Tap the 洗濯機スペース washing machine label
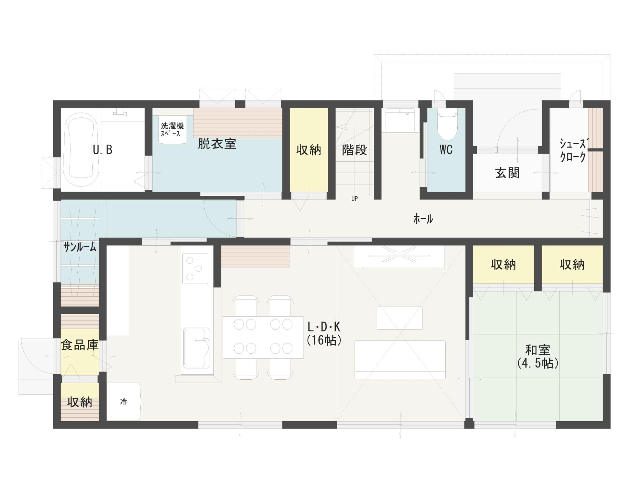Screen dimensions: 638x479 [172, 129]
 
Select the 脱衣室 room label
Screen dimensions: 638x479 [217, 144]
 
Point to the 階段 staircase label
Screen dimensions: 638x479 [354, 150]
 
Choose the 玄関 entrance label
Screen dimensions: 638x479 [507, 173]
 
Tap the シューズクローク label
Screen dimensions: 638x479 [573, 150]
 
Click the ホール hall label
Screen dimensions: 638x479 [423, 219]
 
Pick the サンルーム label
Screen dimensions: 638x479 [79, 247]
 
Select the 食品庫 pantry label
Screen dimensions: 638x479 [79, 345]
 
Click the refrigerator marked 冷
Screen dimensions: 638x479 [123, 401]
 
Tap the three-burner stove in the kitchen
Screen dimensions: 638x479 [195, 269]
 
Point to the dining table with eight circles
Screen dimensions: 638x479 [263, 337]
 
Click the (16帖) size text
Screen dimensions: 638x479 [324, 340]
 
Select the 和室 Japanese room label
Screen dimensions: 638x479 [538, 350]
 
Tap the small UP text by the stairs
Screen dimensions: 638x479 [354, 199]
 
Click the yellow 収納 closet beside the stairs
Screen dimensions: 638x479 [309, 150]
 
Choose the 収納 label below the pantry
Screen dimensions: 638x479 [79, 402]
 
